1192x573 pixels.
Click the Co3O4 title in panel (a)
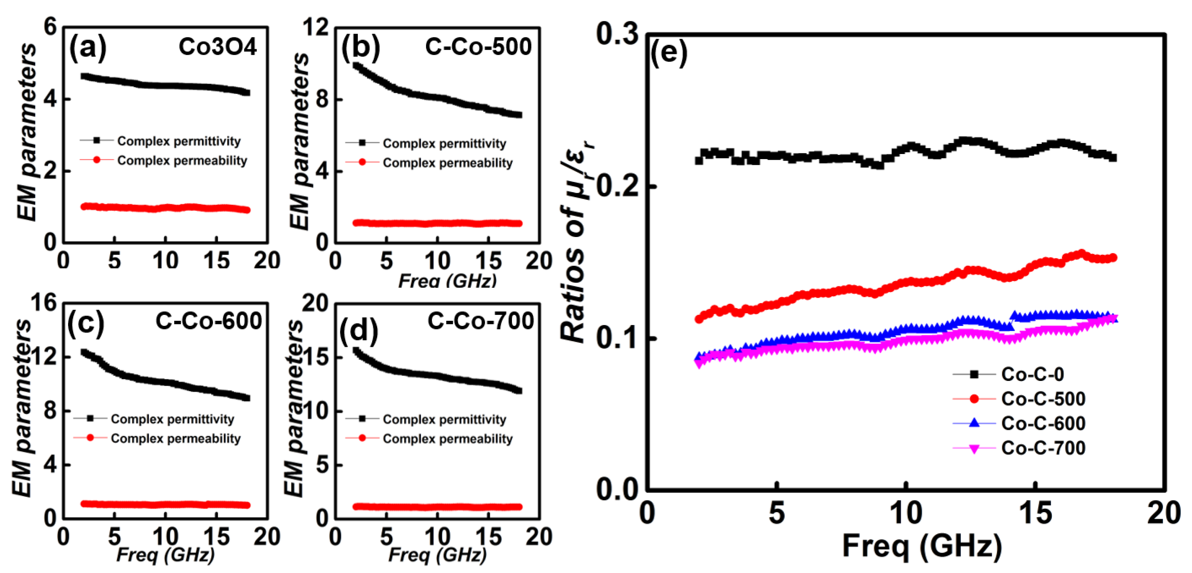pyautogui.click(x=217, y=47)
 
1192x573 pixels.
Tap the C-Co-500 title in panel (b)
pyautogui.click(x=478, y=47)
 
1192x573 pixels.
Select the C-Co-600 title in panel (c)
pyautogui.click(x=208, y=321)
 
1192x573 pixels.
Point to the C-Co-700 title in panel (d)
pyautogui.click(x=480, y=321)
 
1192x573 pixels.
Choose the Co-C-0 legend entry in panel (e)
pyautogui.click(x=1032, y=374)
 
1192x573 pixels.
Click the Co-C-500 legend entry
pyautogui.click(x=1043, y=399)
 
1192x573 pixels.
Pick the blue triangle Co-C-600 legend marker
pyautogui.click(x=974, y=423)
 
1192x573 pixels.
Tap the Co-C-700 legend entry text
pyautogui.click(x=1043, y=448)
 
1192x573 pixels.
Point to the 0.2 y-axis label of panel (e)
pyautogui.click(x=617, y=187)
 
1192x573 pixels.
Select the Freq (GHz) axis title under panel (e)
pyautogui.click(x=922, y=546)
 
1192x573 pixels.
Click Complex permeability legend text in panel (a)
pyautogui.click(x=182, y=161)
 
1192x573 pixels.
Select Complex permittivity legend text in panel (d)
pyautogui.click(x=444, y=419)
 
